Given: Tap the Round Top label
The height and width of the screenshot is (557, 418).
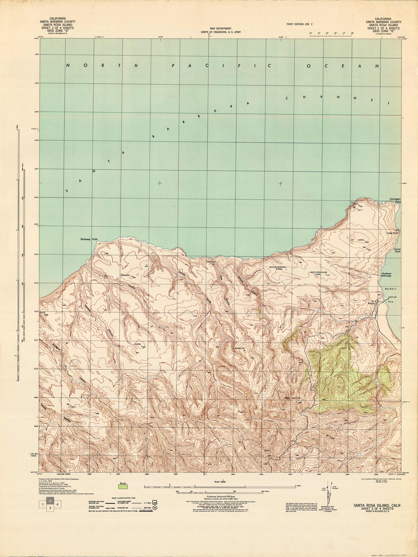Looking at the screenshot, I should pos(240,349).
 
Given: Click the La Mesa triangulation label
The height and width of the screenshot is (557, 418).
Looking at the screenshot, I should pos(137,344).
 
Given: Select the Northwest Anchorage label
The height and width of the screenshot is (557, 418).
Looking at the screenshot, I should pos(386,275).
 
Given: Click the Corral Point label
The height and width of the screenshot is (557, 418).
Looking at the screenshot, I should pos(397,250).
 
